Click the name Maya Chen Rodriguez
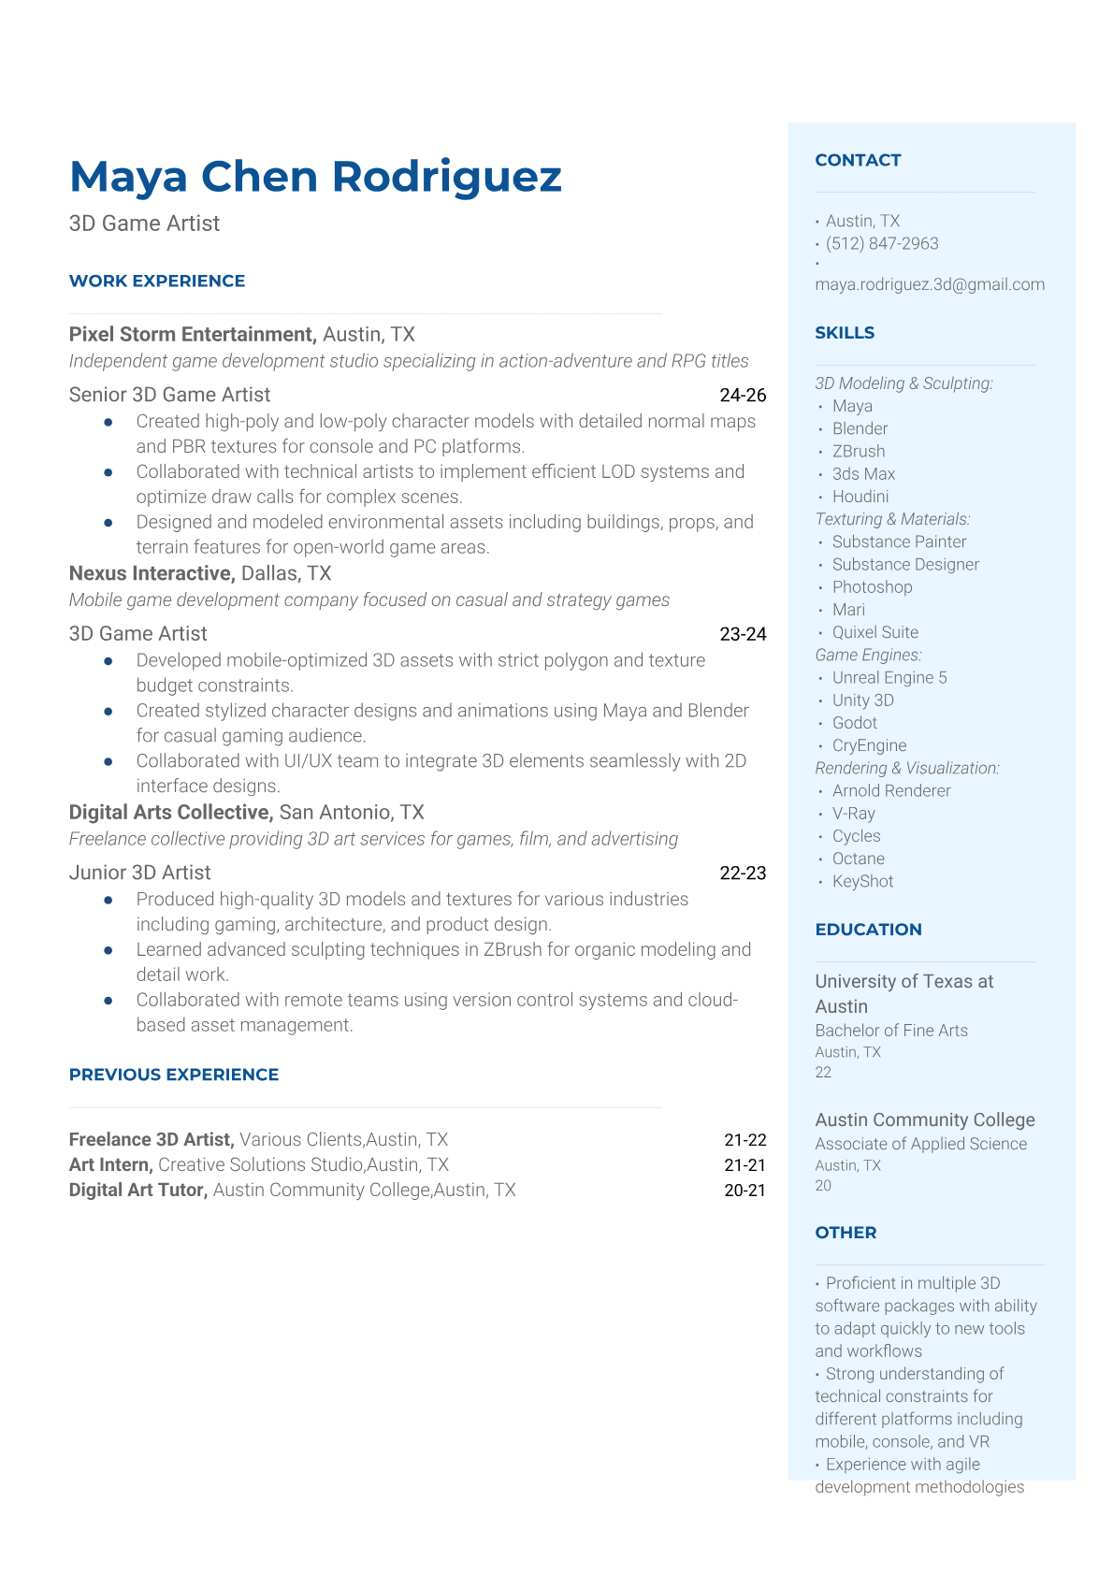[x=315, y=177]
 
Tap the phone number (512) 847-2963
[x=882, y=243]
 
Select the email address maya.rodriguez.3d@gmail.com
[x=930, y=284]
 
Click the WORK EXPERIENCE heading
[x=157, y=281]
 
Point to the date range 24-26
[x=743, y=395]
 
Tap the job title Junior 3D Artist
[x=139, y=873]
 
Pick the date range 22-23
[x=743, y=873]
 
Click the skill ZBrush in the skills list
[x=859, y=451]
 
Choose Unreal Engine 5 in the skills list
[x=889, y=677]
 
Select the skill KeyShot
[x=862, y=881]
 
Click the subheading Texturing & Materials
[x=892, y=519]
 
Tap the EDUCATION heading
[x=868, y=930]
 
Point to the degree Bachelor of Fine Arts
[x=891, y=1031]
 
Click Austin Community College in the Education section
[x=925, y=1119]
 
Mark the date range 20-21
[x=744, y=1190]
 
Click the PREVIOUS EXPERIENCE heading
[x=174, y=1075]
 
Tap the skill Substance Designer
[x=905, y=564]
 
